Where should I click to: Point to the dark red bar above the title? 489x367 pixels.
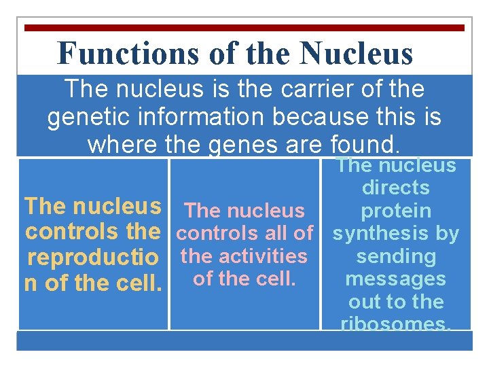point(244,28)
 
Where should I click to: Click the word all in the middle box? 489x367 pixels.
point(271,233)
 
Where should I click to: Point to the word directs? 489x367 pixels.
point(396,188)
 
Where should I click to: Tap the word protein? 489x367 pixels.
point(396,211)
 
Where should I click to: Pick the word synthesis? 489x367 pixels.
point(374,234)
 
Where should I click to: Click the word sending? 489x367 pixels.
point(396,256)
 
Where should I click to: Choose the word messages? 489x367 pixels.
point(396,279)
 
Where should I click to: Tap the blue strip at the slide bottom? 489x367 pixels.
point(244,340)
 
